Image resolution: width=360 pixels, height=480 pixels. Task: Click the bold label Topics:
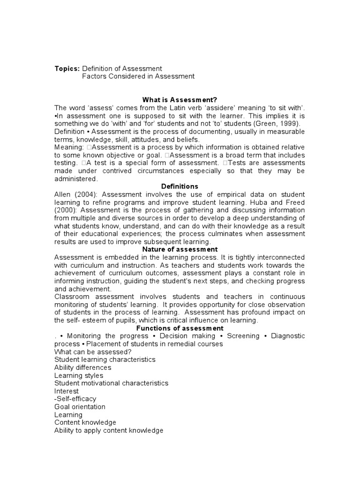(x=67, y=68)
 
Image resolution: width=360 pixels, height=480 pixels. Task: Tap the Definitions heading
(x=180, y=187)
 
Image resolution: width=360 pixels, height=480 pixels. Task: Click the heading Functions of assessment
(x=180, y=328)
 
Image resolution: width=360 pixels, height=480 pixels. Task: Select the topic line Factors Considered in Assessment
(x=138, y=76)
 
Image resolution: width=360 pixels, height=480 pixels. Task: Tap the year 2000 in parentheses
(x=65, y=210)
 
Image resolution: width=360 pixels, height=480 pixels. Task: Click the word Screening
(x=243, y=336)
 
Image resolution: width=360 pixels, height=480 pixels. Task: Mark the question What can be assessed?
(x=93, y=352)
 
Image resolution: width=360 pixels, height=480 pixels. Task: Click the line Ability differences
(x=82, y=367)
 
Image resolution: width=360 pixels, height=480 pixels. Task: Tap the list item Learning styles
(x=79, y=375)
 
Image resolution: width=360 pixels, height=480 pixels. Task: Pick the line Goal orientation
(x=80, y=407)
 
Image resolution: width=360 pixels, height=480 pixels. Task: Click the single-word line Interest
(x=67, y=391)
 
